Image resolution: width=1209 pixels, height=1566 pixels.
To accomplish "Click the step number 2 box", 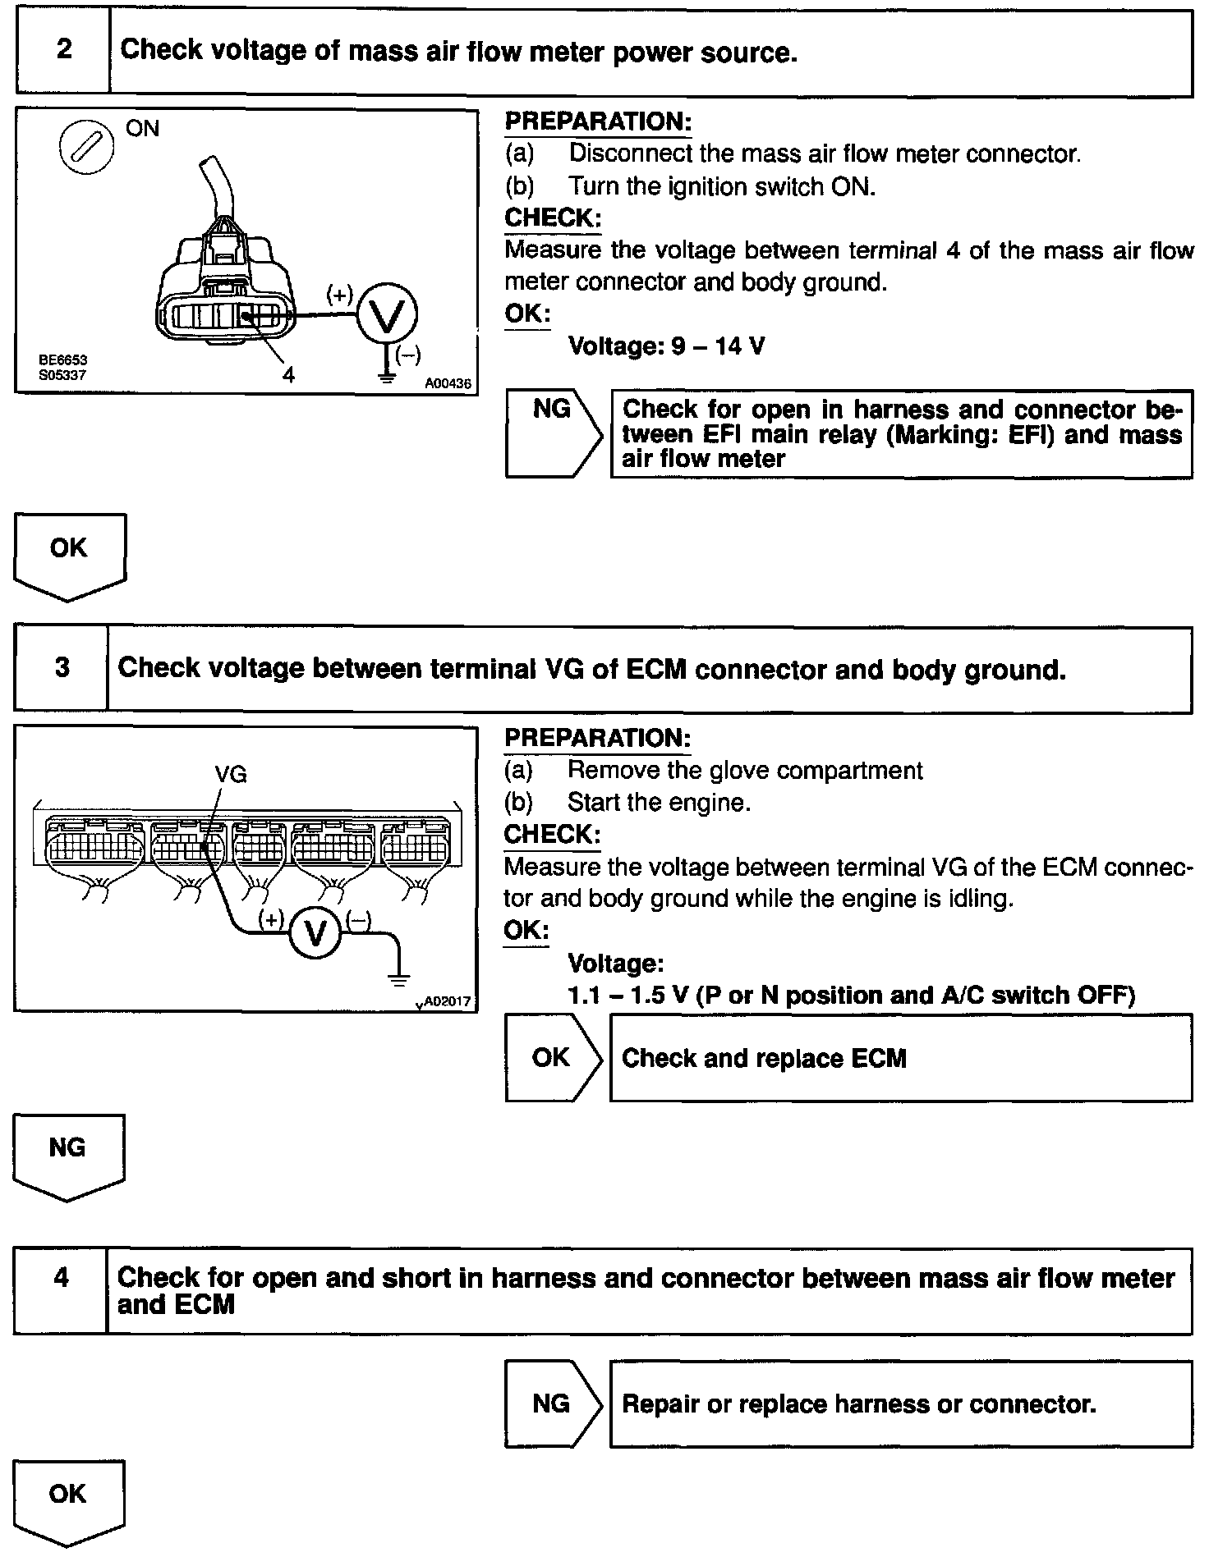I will coord(63,51).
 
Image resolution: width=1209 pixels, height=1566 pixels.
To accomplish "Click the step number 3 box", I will coord(62,668).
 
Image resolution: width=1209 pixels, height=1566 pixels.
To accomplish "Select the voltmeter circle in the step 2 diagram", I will coord(387,314).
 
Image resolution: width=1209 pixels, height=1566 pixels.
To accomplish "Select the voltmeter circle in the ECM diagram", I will coord(315,933).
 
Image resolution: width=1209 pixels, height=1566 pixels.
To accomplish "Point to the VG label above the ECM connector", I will coord(230,774).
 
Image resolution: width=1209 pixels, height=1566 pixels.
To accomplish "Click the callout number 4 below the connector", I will coord(288,375).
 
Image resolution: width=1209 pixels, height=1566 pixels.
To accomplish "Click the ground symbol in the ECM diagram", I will coord(399,979).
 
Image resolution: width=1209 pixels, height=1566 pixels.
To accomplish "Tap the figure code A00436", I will coord(448,383).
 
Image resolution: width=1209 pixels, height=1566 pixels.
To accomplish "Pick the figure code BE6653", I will coord(62,360).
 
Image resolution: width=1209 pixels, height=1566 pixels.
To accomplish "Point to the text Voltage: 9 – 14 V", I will coord(666,346).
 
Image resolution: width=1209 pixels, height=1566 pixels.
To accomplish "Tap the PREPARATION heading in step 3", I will coord(597,738).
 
